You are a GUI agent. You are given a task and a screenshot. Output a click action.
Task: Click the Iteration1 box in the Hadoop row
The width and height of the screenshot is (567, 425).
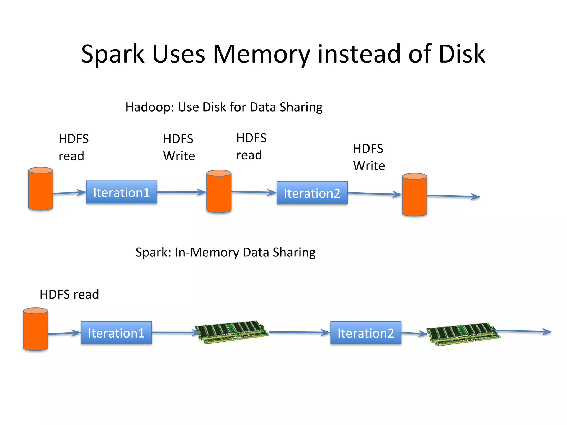tap(122, 192)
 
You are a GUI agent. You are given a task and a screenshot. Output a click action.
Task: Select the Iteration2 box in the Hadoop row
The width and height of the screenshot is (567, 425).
tap(312, 193)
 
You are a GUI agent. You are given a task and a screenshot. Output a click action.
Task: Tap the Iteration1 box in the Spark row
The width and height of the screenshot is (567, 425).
tap(116, 333)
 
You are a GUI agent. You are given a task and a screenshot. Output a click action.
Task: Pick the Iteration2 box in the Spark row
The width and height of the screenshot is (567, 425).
tap(366, 333)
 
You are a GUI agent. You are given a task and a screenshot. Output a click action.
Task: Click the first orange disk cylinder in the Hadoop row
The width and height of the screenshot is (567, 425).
tap(41, 189)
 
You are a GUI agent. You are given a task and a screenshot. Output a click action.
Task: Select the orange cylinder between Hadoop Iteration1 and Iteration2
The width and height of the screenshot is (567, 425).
tap(219, 191)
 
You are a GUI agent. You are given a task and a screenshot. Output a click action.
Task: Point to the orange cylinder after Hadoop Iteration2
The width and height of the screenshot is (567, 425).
tap(414, 195)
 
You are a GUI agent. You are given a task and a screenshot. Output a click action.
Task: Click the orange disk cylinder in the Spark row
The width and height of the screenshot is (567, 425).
tap(35, 329)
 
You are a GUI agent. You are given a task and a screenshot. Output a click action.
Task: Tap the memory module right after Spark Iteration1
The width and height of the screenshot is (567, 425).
tap(232, 332)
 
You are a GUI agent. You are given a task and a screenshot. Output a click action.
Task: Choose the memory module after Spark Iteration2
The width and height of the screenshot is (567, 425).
tap(463, 334)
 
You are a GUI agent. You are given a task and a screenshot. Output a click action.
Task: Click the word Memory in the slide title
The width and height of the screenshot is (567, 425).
tap(261, 54)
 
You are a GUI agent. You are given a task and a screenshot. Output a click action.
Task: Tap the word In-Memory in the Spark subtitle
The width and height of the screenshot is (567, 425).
tap(207, 252)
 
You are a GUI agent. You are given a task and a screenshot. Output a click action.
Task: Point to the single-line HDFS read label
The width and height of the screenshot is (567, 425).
tap(69, 294)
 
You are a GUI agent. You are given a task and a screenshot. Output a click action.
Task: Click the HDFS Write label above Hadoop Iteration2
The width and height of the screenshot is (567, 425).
tap(369, 157)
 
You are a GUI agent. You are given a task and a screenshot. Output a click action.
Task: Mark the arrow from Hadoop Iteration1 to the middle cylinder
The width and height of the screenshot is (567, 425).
tap(181, 192)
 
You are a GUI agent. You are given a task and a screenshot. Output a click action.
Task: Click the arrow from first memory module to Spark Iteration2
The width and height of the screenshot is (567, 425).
tap(299, 332)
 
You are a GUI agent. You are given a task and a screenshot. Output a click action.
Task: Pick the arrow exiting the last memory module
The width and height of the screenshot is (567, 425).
tap(523, 331)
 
